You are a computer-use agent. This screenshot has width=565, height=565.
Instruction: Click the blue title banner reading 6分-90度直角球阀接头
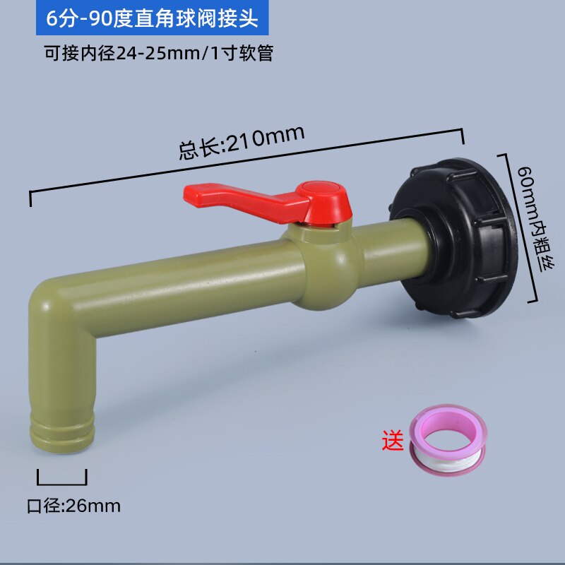tap(153, 19)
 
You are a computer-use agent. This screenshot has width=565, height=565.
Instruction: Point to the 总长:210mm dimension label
tap(241, 142)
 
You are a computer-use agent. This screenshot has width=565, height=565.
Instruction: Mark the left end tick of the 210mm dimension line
tap(30, 198)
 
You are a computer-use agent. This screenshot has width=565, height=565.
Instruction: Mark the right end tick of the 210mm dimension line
tap(463, 137)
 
